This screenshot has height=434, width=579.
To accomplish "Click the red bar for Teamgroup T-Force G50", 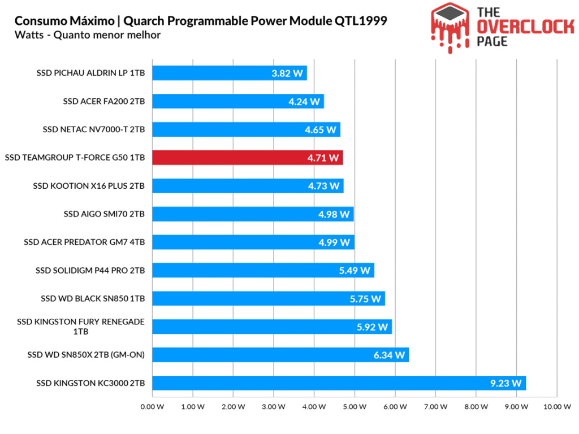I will pyautogui.click(x=247, y=158).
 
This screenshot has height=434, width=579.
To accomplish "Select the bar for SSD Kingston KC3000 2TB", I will pyautogui.click(x=338, y=383).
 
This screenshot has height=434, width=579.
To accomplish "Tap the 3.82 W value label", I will pyautogui.click(x=287, y=73).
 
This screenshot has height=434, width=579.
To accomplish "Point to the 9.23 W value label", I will pyautogui.click(x=505, y=383).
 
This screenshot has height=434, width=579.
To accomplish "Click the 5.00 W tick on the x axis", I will pyautogui.click(x=355, y=406).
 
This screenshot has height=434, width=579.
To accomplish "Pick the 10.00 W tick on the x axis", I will pyautogui.click(x=557, y=406).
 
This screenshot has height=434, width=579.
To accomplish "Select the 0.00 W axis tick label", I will pyautogui.click(x=152, y=406).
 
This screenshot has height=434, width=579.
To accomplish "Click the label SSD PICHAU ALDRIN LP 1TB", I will pyautogui.click(x=90, y=73).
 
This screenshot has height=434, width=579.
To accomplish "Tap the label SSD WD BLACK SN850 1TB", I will pyautogui.click(x=93, y=298).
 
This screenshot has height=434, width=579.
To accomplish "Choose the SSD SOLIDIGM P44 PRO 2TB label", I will pyautogui.click(x=90, y=271).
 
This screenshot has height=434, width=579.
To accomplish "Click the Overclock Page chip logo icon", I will pyautogui.click(x=450, y=26).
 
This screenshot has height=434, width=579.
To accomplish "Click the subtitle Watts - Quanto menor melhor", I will pyautogui.click(x=88, y=35).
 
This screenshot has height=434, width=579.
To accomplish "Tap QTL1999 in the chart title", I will pyautogui.click(x=360, y=21).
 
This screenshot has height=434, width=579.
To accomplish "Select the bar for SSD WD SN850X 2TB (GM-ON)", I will pyautogui.click(x=280, y=355).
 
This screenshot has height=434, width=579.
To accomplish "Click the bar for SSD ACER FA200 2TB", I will pyautogui.click(x=237, y=102).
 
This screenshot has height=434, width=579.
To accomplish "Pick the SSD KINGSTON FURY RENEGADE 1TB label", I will pyautogui.click(x=81, y=327).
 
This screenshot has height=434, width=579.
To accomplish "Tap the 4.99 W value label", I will pyautogui.click(x=335, y=242).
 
